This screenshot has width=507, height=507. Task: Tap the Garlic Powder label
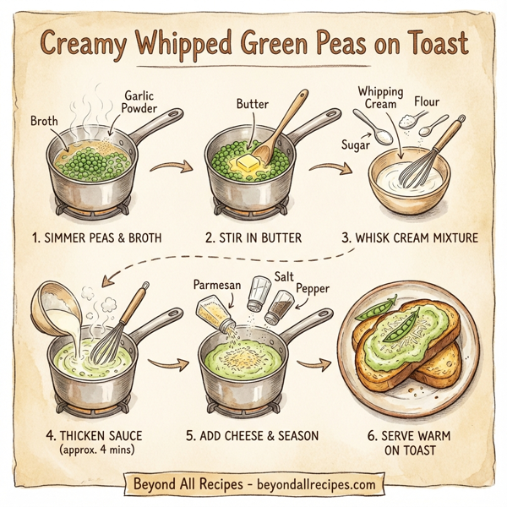point(140,102)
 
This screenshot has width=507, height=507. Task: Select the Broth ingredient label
point(44,121)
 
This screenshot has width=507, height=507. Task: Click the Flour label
point(427,103)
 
